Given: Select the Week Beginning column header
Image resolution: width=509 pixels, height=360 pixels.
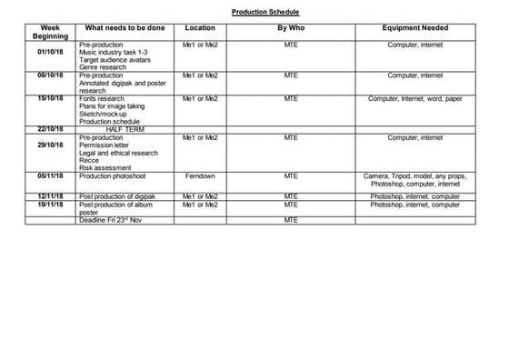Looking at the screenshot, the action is (45, 32).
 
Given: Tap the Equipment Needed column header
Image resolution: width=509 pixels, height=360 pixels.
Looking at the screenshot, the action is (415, 28).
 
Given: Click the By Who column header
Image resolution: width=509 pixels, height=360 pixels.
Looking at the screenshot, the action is (290, 28).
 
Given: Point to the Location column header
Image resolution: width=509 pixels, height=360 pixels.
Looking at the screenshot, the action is (200, 28).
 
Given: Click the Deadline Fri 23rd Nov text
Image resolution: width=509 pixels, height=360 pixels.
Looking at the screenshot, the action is (114, 219).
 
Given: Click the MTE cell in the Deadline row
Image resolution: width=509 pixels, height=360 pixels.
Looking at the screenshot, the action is (291, 219).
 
